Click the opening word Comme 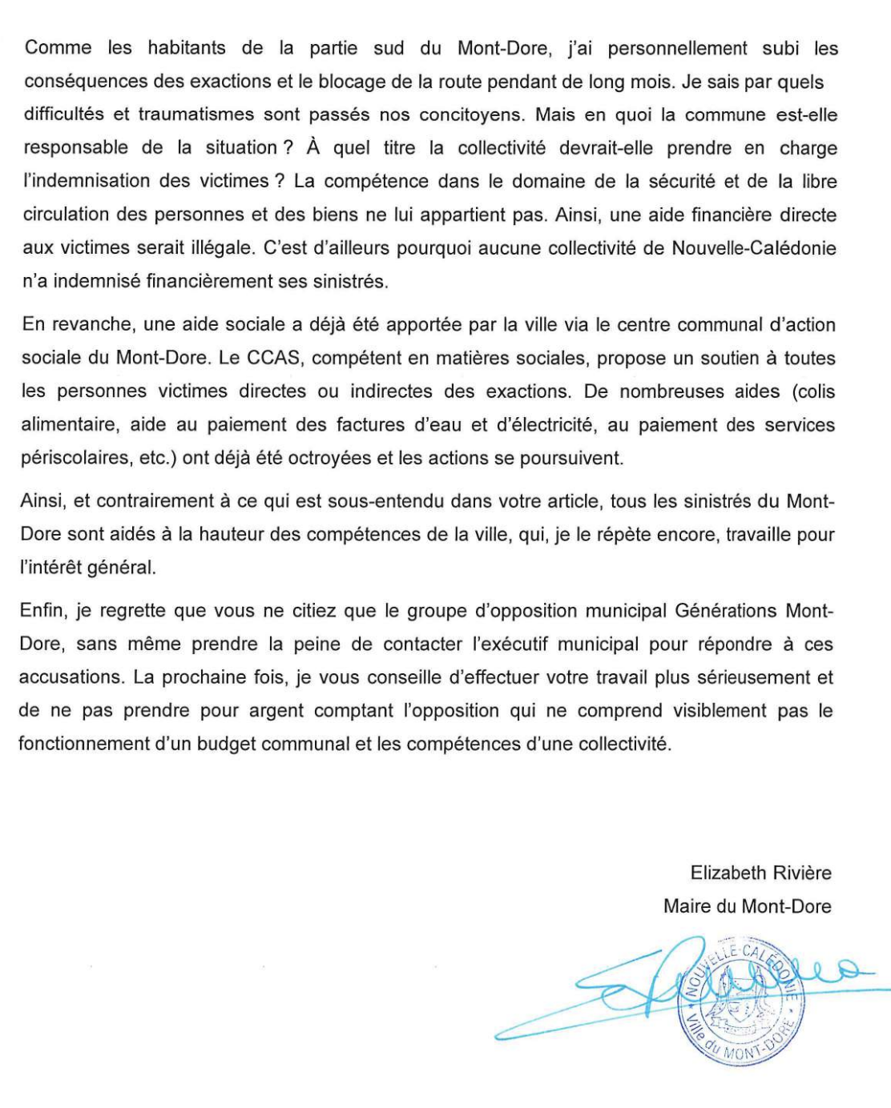(58, 48)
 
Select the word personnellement (677, 48)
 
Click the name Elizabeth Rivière (760, 873)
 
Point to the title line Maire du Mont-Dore (747, 906)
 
